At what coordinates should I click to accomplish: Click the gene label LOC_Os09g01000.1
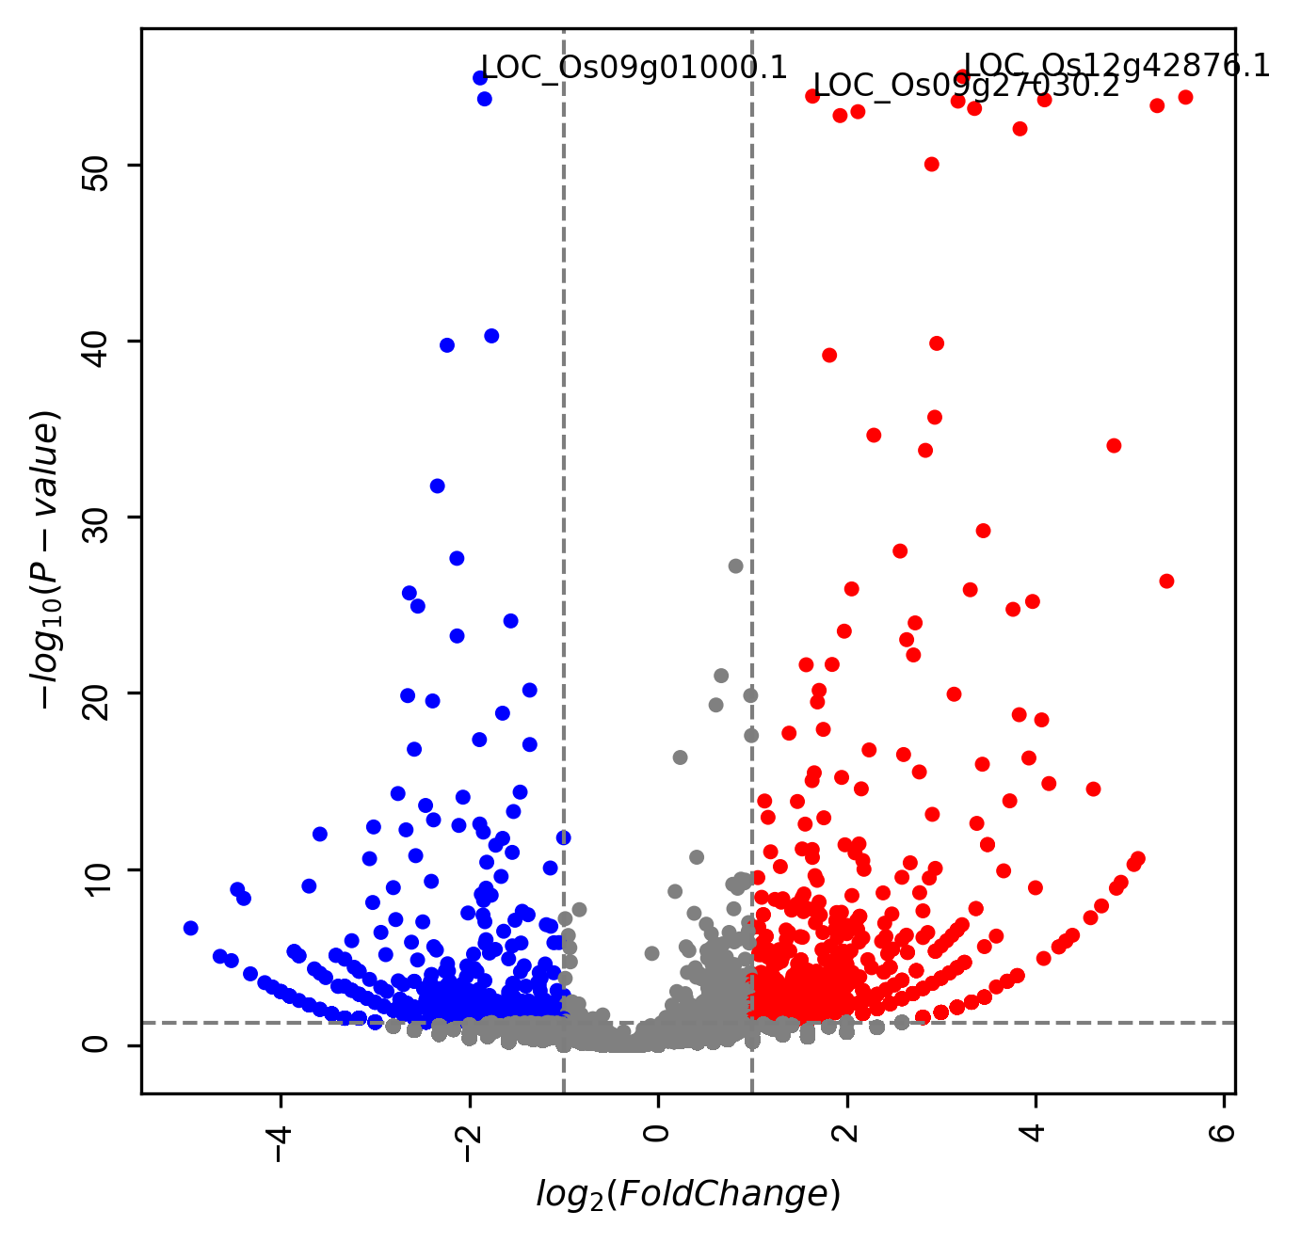pyautogui.click(x=634, y=68)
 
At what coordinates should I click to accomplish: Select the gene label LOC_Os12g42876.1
pyautogui.click(x=1116, y=65)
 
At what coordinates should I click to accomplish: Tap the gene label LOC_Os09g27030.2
pyautogui.click(x=966, y=86)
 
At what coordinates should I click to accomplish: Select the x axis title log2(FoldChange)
pyautogui.click(x=688, y=1194)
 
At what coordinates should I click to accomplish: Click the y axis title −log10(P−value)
pyautogui.click(x=47, y=560)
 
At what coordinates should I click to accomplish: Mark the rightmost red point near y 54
pyautogui.click(x=1185, y=97)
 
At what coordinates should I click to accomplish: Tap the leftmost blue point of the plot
pyautogui.click(x=190, y=928)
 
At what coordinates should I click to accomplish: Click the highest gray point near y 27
pyautogui.click(x=735, y=566)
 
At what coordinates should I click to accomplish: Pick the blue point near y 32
pyautogui.click(x=437, y=486)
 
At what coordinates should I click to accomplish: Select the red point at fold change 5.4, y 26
pyautogui.click(x=1166, y=581)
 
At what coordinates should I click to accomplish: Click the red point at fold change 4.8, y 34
pyautogui.click(x=1114, y=445)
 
